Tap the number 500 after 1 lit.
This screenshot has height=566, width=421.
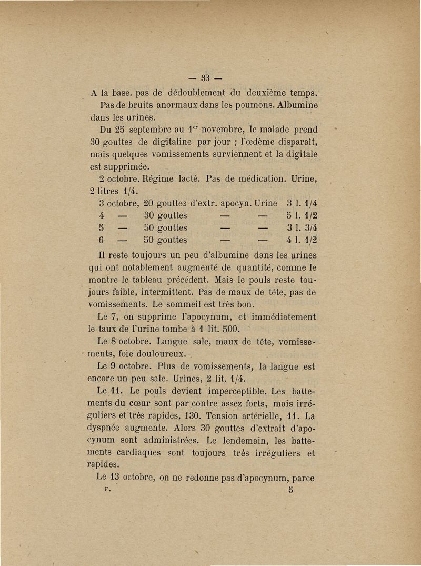(231, 330)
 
